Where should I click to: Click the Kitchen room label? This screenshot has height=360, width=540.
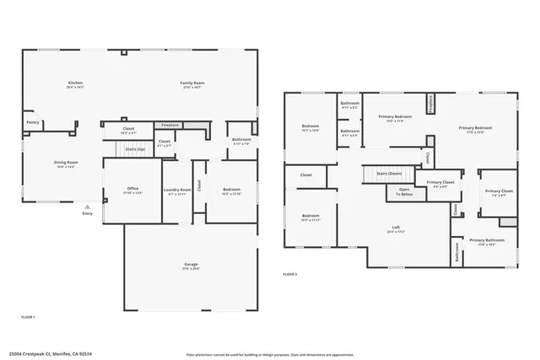pos(75,83)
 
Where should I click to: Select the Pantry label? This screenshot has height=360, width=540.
pos(33,122)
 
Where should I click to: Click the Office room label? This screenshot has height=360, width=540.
pos(132,188)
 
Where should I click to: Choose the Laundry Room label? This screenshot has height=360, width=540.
pos(178,190)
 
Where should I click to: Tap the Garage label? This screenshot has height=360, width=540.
pos(192,265)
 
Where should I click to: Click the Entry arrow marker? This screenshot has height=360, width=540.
pos(87,205)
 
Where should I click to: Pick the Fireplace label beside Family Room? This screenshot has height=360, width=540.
pos(170,125)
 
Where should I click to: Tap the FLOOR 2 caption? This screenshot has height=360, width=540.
pos(289,275)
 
